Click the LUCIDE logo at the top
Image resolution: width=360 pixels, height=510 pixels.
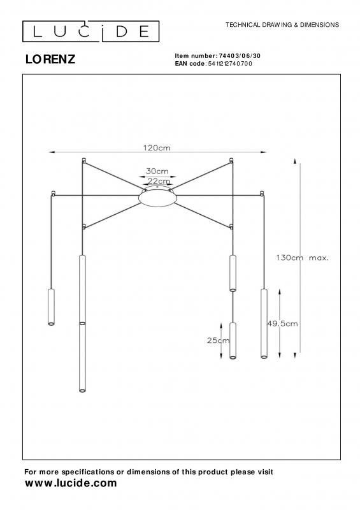[x=90, y=31]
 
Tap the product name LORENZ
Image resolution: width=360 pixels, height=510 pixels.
[x=50, y=59]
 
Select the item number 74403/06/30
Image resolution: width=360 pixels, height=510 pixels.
[x=240, y=56]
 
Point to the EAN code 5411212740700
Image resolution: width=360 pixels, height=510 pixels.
[x=230, y=64]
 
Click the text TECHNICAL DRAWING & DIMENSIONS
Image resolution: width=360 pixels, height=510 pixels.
[x=282, y=25]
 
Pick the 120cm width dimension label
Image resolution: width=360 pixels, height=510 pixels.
[x=157, y=148]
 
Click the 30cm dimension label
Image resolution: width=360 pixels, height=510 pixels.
[x=157, y=171]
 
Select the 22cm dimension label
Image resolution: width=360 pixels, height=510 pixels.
[x=159, y=181]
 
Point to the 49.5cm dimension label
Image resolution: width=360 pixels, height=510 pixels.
[x=282, y=324]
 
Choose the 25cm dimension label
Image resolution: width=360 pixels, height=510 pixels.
[x=218, y=340]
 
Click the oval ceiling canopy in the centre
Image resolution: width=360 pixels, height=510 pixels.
[x=158, y=198]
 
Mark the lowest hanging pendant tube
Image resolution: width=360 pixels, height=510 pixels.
[x=83, y=357]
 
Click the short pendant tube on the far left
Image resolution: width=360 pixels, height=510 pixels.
[x=51, y=307]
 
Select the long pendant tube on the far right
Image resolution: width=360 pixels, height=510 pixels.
[x=264, y=323]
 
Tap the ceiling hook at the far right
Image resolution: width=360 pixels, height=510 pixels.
[x=262, y=194]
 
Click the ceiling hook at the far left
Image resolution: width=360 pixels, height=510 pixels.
[x=53, y=194]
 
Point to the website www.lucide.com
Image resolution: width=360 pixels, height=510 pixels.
[x=71, y=483]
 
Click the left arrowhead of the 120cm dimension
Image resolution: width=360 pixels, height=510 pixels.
[x=52, y=152]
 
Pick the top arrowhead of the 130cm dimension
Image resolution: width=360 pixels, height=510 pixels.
[x=295, y=161]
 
